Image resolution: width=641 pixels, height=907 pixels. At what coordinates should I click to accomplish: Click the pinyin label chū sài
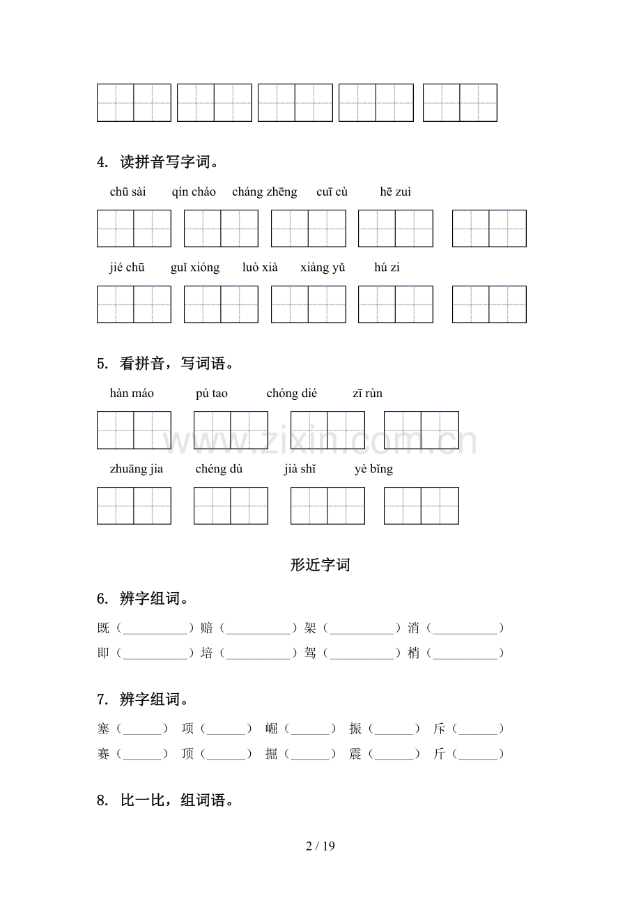(x=128, y=192)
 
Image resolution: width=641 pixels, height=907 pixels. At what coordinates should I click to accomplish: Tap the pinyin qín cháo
(x=194, y=192)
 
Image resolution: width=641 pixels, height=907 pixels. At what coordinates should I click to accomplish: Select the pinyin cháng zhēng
(x=264, y=192)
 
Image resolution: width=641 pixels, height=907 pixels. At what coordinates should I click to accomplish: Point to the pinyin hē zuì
(x=396, y=192)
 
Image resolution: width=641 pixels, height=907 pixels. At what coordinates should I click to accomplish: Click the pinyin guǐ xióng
(x=194, y=268)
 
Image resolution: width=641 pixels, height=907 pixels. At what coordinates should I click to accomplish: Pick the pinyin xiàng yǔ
(x=323, y=268)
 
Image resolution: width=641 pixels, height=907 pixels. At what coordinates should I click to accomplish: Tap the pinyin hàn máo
(x=132, y=394)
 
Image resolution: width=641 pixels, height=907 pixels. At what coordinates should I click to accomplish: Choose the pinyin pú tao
(x=212, y=394)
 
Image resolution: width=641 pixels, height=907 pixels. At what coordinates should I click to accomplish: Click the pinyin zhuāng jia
(x=137, y=469)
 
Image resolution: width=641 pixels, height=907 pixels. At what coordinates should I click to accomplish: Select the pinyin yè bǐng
(x=373, y=469)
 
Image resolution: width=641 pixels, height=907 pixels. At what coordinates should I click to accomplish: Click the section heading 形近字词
(x=320, y=565)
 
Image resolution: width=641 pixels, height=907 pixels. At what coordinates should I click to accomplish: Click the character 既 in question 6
(x=104, y=628)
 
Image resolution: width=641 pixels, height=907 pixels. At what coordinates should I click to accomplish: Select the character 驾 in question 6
(x=310, y=653)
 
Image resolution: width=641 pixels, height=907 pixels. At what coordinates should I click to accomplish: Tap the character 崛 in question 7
(x=272, y=729)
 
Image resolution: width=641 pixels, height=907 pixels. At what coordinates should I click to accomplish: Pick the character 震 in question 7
(x=355, y=754)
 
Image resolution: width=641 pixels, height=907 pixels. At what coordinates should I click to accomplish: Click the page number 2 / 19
(x=320, y=846)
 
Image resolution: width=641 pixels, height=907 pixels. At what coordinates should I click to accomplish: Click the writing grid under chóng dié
(x=327, y=430)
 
